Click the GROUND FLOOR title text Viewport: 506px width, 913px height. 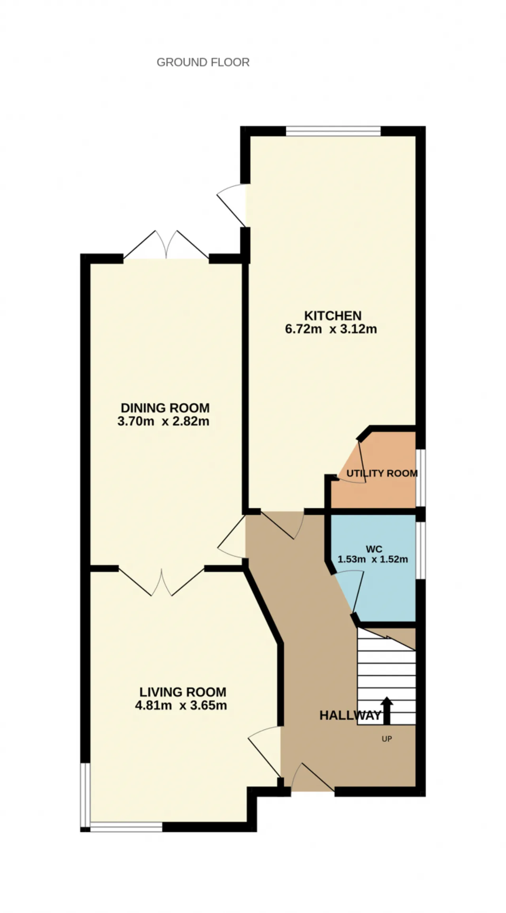[203, 63]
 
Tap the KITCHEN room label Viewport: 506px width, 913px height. [333, 316]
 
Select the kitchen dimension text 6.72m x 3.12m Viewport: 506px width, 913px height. [331, 329]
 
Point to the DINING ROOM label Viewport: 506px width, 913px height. [165, 407]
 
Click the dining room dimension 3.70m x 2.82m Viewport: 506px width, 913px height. [163, 421]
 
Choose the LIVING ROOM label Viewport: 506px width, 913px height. [183, 692]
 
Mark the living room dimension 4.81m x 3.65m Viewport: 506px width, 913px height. [181, 705]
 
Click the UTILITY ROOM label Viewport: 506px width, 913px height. [382, 473]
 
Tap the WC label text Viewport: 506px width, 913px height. [374, 549]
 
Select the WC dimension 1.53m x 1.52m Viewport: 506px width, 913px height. [373, 559]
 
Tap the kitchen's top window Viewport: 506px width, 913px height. [333, 131]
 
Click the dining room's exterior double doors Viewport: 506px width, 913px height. [166, 245]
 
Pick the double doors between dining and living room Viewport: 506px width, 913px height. [161, 582]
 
